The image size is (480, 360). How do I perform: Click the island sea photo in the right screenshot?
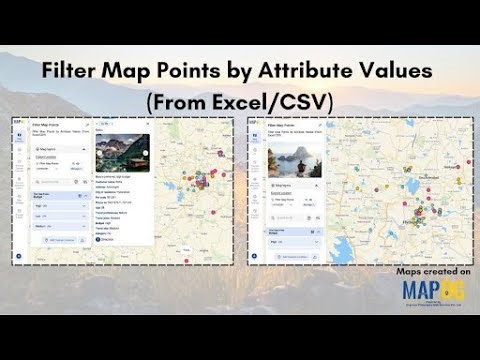[287, 157]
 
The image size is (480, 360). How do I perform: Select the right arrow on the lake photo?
[146, 153]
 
